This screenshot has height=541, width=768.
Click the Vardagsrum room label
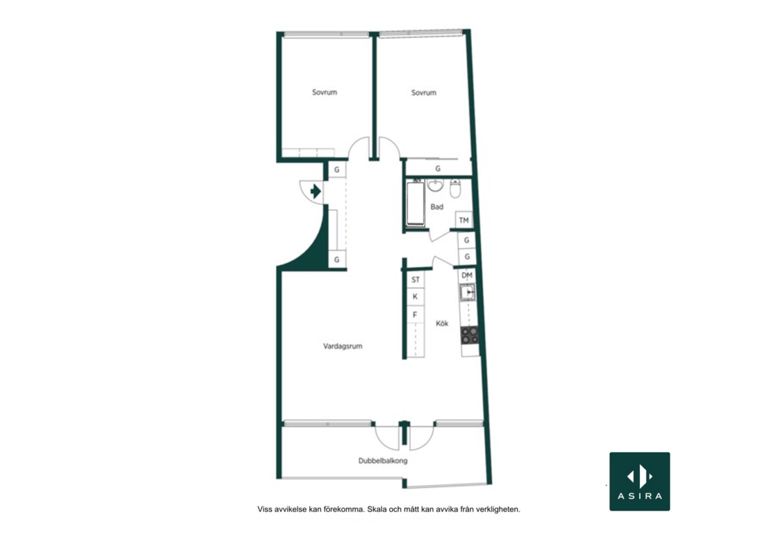pos(342,346)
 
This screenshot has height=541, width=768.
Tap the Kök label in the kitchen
pos(442,323)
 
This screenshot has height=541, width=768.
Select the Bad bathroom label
pos(437,207)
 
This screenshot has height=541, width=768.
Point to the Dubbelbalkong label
pos(383,461)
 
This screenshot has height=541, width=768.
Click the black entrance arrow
pos(316,191)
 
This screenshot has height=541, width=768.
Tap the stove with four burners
pos(470,336)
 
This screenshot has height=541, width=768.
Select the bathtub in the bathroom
pos(415,203)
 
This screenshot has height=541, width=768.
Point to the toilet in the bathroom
pos(455,188)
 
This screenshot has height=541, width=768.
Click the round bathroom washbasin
pos(435,185)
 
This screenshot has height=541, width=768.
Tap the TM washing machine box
pos(464,220)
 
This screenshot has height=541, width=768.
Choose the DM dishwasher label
pos(467,275)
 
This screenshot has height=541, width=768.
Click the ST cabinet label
pos(415,279)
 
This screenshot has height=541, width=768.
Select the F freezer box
pos(415,314)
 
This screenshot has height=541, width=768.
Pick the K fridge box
pos(415,297)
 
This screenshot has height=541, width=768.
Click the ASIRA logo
pos(640,482)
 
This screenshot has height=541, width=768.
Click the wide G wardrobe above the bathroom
pos(438,168)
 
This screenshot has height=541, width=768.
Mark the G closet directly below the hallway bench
pos(336,259)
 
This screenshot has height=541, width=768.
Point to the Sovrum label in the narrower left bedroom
pos(324,92)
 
